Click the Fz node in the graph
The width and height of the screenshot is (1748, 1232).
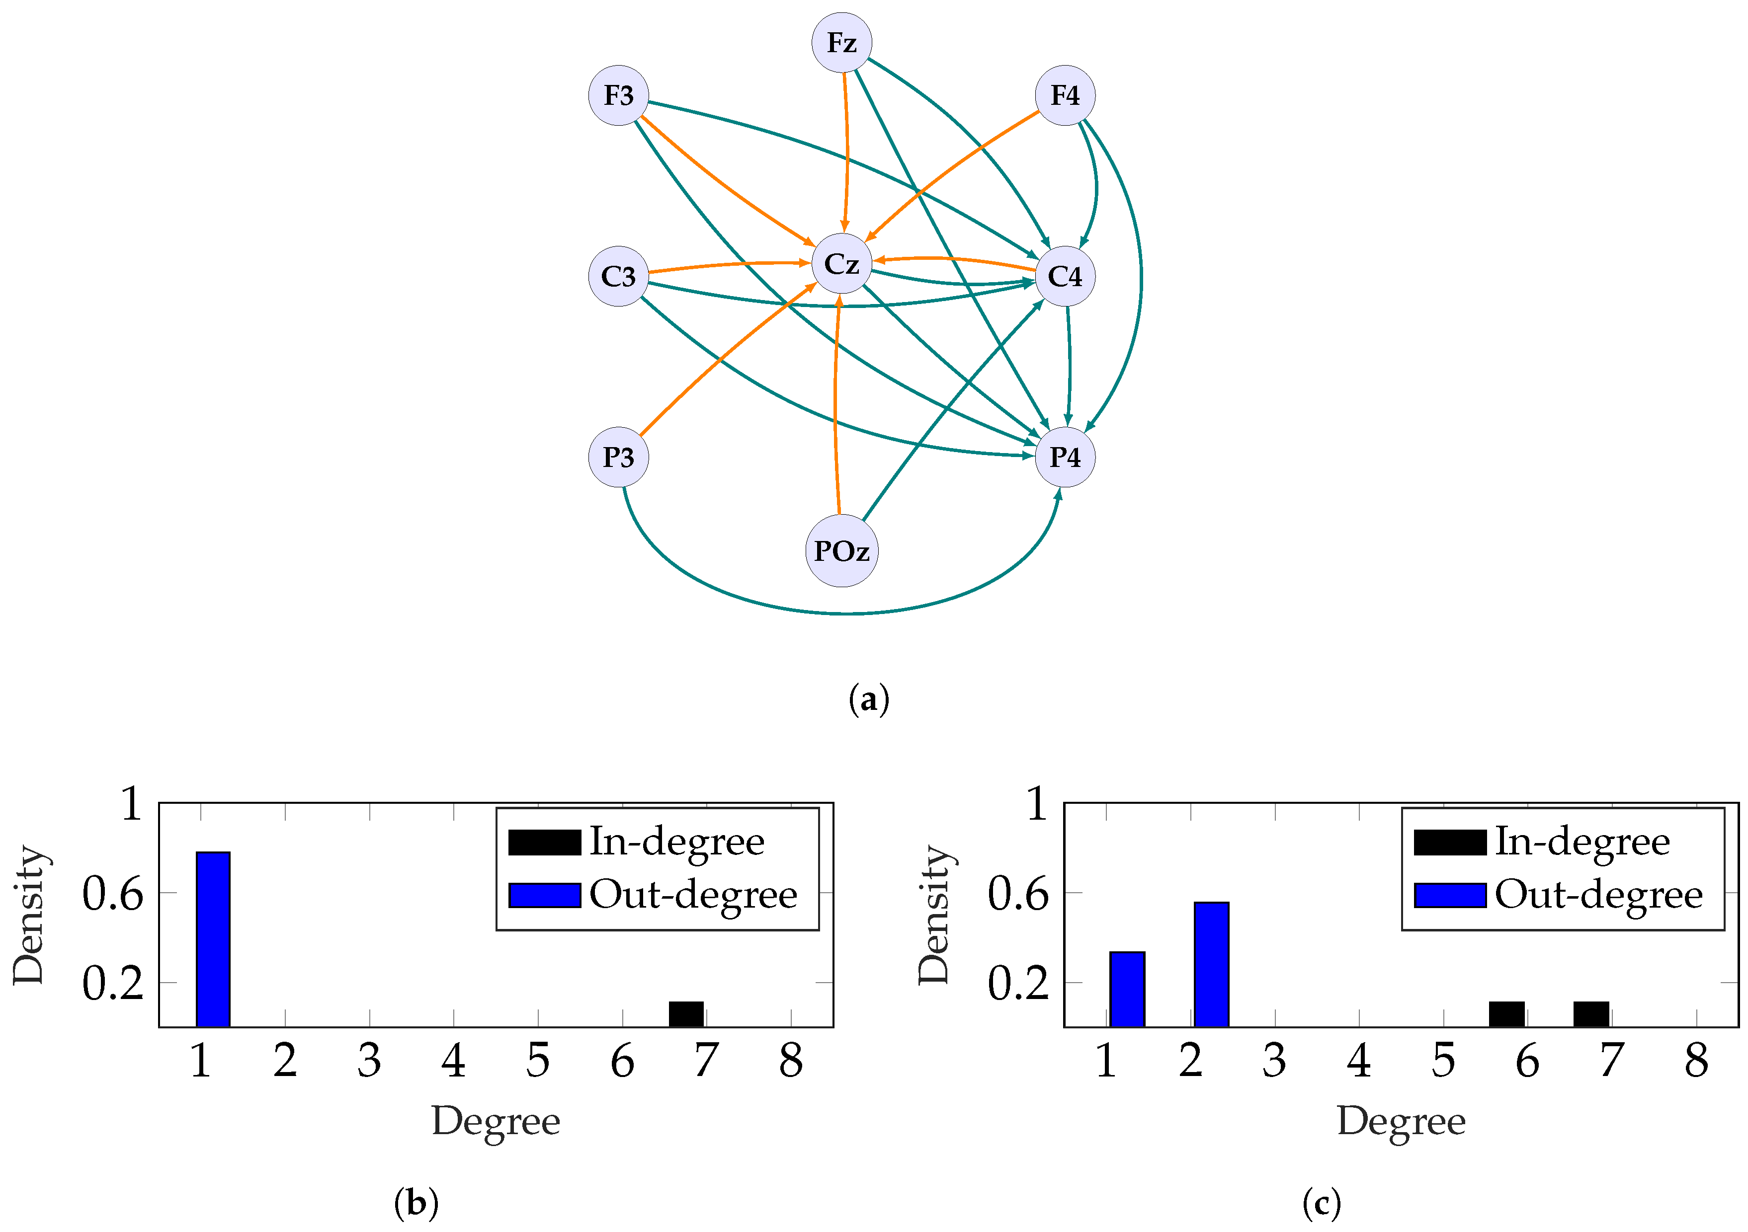pos(841,43)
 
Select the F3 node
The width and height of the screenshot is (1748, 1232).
pos(618,96)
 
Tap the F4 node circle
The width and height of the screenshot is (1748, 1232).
pos(1064,96)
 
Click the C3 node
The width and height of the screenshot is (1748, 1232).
pos(618,276)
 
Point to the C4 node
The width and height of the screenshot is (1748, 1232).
pos(1064,276)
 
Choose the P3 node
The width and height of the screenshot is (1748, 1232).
pos(618,458)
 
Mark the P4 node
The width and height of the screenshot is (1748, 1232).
pos(1064,458)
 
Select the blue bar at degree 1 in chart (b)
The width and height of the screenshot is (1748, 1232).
pos(213,940)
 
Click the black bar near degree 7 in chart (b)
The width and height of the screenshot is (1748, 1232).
pos(686,1014)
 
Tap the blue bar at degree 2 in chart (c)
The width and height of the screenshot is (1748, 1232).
pos(1211,965)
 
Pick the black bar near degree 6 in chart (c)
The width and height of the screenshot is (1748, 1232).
pos(1506,1014)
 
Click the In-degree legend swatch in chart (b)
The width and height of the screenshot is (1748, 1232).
pos(544,843)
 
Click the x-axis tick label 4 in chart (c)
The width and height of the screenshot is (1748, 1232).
pos(1359,1061)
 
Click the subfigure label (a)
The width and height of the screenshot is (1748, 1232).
pos(868,698)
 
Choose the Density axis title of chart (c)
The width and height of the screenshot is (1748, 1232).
pos(935,914)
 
